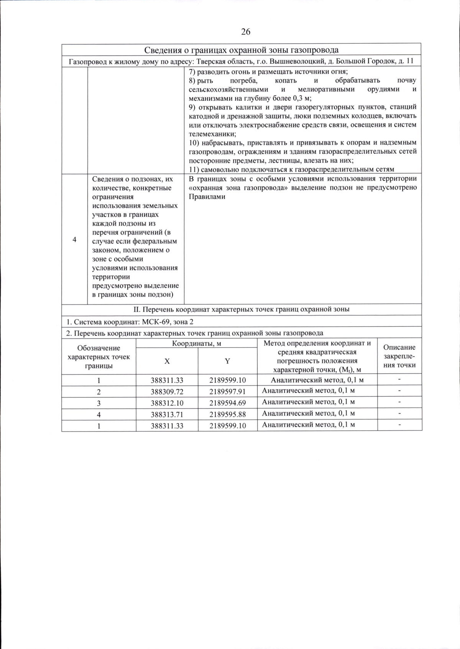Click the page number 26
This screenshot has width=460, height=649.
246,32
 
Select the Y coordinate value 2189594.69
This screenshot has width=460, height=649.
227,403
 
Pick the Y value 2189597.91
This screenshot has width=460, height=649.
227,392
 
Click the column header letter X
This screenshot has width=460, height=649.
167,361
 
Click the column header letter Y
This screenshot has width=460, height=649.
227,361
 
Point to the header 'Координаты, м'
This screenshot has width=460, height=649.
196,343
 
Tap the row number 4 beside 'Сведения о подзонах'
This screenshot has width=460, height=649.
74,239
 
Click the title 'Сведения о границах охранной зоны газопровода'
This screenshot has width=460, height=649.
241,50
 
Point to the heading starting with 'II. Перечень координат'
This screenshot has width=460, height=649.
241,310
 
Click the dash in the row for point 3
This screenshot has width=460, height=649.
399,402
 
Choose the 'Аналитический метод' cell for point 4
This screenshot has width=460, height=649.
308,414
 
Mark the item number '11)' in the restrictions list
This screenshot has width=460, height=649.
194,170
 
